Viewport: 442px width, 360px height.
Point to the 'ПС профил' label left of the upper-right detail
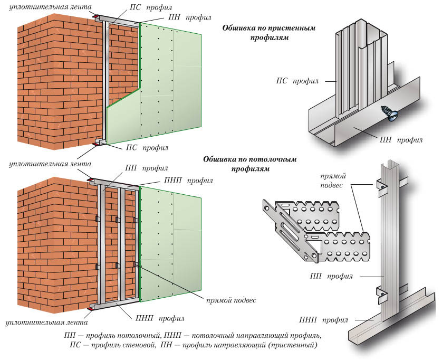pyautogui.click(x=294, y=81)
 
